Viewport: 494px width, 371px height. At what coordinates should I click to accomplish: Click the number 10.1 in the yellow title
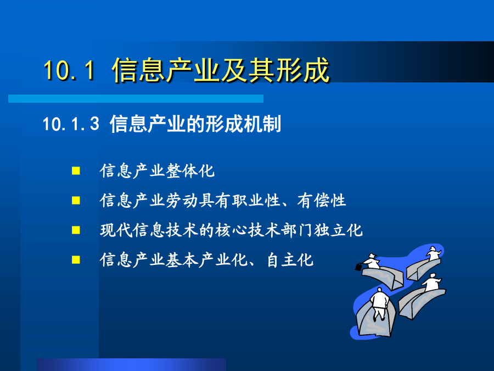coord(69,70)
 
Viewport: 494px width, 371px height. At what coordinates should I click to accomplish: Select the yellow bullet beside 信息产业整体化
coord(76,171)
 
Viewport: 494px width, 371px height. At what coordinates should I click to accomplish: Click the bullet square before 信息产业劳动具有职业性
coord(76,200)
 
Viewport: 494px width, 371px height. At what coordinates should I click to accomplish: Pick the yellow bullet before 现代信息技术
coord(76,230)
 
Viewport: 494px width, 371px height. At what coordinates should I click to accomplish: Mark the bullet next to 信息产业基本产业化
coord(76,259)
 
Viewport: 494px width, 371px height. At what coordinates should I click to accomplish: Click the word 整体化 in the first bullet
coord(190,171)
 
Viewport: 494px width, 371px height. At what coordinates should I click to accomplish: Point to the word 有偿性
coord(322,200)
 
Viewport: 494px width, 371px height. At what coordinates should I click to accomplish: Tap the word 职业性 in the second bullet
coord(256,200)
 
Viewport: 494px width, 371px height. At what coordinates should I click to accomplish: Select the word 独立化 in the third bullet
coord(338,230)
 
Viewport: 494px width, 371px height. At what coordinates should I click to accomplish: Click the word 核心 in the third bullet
coord(231,230)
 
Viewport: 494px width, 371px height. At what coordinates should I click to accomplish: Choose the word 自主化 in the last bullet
coord(290,260)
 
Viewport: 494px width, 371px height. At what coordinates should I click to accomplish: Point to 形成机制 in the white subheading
coord(243,124)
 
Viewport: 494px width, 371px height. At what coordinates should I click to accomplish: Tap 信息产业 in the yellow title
coord(166,70)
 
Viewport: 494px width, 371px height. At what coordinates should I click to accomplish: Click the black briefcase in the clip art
coord(358,267)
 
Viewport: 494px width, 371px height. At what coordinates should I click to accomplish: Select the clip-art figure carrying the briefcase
coord(372,261)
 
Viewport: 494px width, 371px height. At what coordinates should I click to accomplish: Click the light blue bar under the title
coord(136,99)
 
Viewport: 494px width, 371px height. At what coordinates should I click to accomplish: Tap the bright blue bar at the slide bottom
coord(131,365)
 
